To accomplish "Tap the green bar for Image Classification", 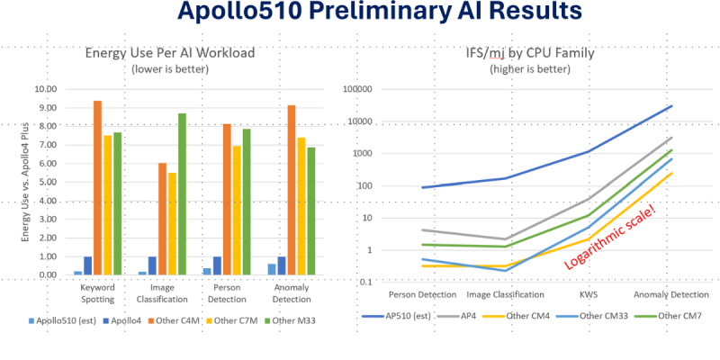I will [x=183, y=193].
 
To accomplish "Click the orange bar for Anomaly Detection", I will [x=291, y=190].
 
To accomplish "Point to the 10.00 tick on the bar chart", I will [x=44, y=89].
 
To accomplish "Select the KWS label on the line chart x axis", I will [x=588, y=294].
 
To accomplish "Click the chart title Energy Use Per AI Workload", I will [x=170, y=53].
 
